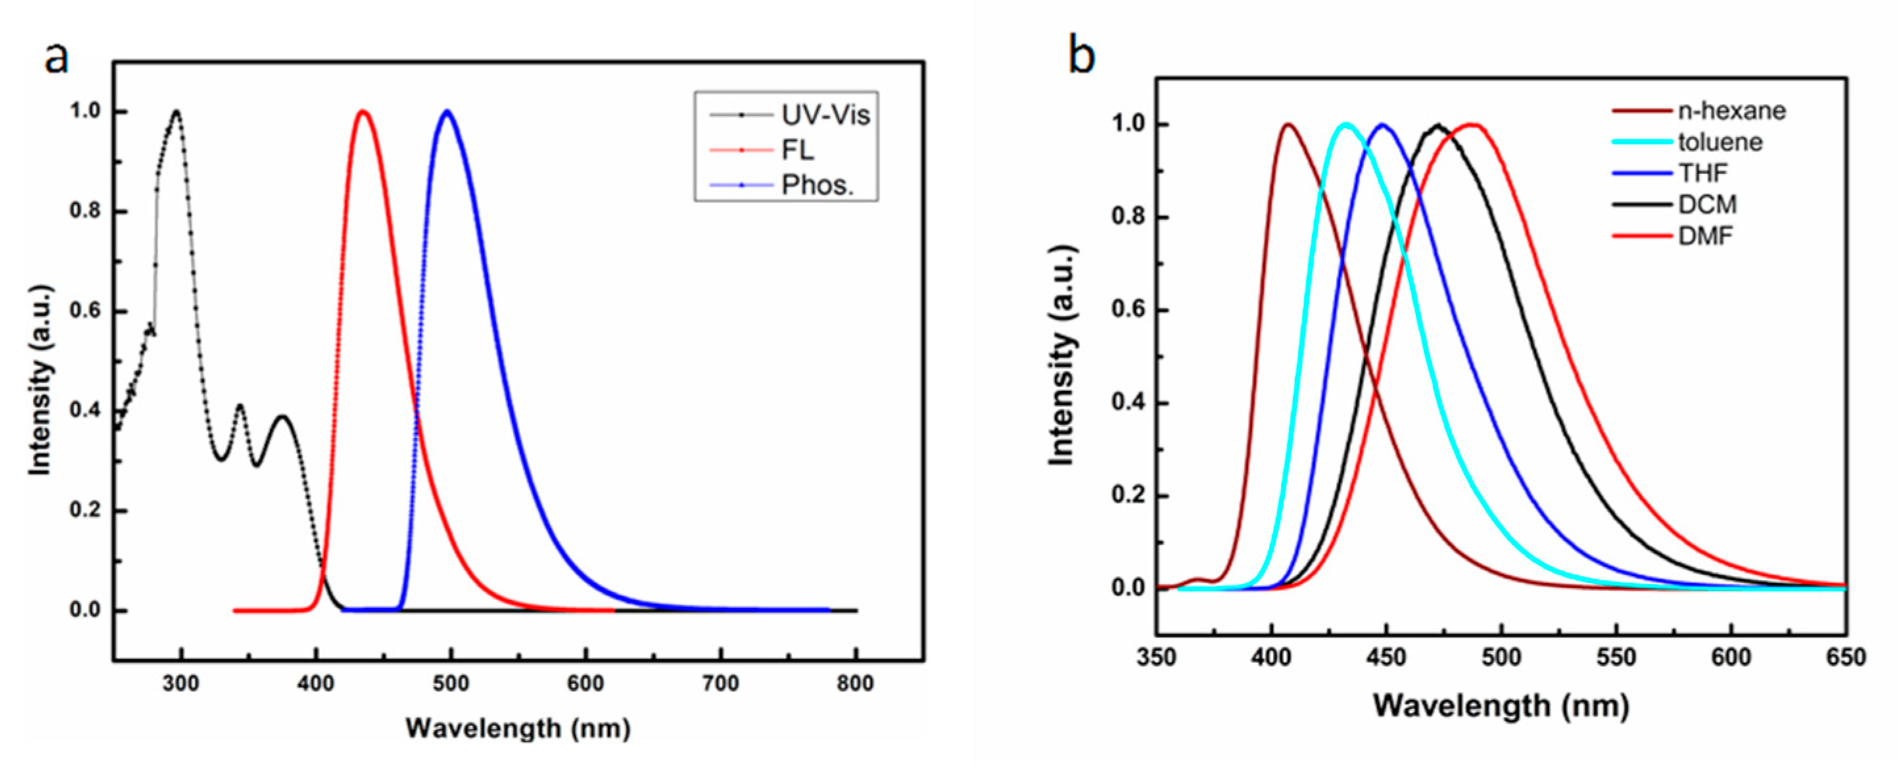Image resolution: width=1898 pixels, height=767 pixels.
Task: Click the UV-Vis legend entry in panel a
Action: coord(825,116)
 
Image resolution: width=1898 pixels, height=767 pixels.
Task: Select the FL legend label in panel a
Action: coord(798,151)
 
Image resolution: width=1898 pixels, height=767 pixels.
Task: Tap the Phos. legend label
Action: coord(817,185)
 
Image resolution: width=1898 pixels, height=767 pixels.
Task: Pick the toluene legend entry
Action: coord(1720,142)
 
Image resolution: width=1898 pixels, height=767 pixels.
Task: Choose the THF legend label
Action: coord(1702,173)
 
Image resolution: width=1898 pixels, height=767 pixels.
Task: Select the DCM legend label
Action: coord(1707,204)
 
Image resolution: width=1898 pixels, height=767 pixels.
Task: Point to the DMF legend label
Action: coord(1705,236)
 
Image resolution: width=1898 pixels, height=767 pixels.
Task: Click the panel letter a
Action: coord(57,57)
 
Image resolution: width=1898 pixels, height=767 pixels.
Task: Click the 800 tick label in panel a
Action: coord(855,684)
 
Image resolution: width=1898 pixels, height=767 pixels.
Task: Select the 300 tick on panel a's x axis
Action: coord(181,684)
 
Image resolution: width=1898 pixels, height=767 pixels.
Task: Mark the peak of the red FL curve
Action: coord(362,112)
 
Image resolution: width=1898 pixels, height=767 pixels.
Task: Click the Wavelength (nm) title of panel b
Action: coord(1501,706)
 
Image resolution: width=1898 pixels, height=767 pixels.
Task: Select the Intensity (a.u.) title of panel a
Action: coord(41,379)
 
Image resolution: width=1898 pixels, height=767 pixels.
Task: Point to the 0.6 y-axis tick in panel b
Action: coord(1127,311)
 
